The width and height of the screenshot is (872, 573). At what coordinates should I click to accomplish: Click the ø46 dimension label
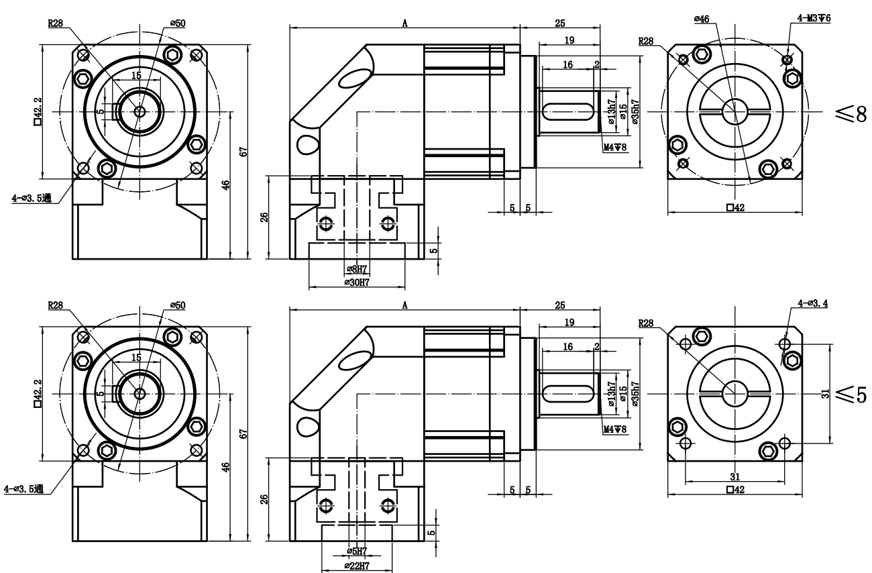(702, 19)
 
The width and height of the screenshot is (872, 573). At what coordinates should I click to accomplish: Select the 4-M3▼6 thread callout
(814, 18)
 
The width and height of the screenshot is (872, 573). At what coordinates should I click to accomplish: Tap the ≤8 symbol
(851, 114)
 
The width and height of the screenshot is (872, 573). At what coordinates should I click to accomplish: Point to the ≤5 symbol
(851, 395)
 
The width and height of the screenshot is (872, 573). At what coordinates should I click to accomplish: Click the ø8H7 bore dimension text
(357, 269)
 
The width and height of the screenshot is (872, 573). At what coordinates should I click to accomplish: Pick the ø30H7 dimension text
(357, 282)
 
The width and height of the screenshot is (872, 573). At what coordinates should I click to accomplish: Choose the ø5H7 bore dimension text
(357, 552)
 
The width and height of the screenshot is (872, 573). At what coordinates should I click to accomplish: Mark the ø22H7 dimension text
(357, 566)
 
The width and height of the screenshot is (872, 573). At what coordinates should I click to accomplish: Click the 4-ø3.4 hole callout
(813, 303)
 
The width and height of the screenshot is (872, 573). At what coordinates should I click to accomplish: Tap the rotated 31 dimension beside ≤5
(825, 394)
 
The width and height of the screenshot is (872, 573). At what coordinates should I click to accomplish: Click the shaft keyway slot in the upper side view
(568, 112)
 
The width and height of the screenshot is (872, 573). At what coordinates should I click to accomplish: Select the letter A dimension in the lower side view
(405, 305)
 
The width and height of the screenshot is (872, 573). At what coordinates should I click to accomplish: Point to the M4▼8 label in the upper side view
(615, 147)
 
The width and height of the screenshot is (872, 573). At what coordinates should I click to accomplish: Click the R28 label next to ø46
(646, 41)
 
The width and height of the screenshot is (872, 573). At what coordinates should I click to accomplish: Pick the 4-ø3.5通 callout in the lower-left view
(23, 489)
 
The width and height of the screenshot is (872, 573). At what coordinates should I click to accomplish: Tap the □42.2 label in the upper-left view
(38, 111)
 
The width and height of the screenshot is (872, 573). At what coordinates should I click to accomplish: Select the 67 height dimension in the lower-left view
(243, 434)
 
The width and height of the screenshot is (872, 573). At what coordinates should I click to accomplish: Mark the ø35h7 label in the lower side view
(635, 394)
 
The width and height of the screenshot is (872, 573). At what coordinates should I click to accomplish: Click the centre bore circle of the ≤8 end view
(735, 112)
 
